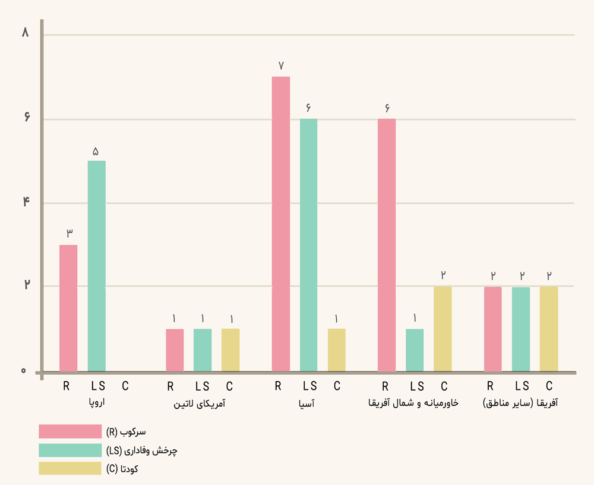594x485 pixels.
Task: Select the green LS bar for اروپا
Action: tap(97, 267)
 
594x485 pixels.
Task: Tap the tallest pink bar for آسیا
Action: tap(281, 224)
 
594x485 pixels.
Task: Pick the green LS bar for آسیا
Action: tap(308, 246)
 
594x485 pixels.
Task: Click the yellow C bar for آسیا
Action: tap(336, 350)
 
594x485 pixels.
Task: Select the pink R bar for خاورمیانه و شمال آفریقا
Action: tap(387, 246)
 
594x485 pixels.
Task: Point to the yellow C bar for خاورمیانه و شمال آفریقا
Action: tap(443, 329)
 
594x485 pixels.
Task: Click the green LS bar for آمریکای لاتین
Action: tap(203, 350)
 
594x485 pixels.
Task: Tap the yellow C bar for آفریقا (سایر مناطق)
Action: tap(549, 329)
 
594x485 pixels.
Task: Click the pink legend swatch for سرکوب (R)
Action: tap(70, 432)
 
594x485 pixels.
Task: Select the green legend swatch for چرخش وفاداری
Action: tap(70, 451)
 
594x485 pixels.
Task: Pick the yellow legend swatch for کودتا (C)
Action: tap(70, 469)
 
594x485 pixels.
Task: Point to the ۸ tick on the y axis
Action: tap(25, 33)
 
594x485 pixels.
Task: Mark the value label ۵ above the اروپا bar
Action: tap(96, 151)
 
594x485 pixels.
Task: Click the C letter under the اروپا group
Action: tap(125, 386)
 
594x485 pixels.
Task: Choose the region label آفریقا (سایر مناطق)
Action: tap(520, 403)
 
